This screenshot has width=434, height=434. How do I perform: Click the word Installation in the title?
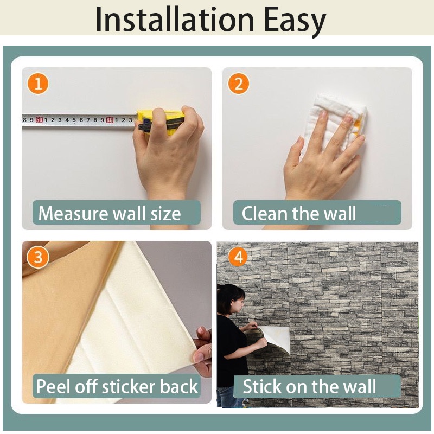[x=175, y=20]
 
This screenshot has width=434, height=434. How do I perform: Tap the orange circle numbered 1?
[x=38, y=84]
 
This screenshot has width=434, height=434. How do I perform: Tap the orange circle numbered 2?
[x=239, y=84]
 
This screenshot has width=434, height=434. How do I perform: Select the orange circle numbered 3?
[x=38, y=257]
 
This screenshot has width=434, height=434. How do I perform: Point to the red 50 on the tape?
[x=39, y=120]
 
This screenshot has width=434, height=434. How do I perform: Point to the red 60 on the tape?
[x=110, y=120]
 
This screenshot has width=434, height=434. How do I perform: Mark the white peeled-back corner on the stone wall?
[x=275, y=339]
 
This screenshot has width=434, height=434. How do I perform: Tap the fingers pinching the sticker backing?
[x=202, y=349]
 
